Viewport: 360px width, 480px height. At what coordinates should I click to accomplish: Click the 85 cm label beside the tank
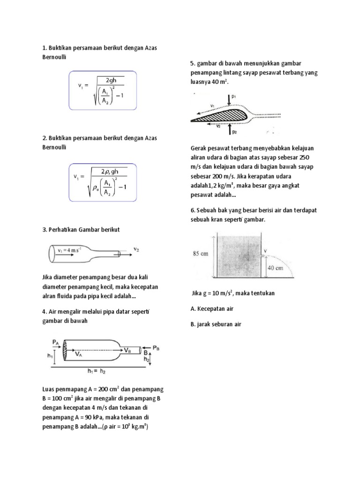pos(200,255)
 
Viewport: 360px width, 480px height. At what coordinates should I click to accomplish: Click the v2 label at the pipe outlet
pos(136,250)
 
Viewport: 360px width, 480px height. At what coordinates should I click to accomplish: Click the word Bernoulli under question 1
pos(55,56)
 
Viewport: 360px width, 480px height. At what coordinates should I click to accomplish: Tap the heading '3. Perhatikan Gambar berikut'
pos(81,229)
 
